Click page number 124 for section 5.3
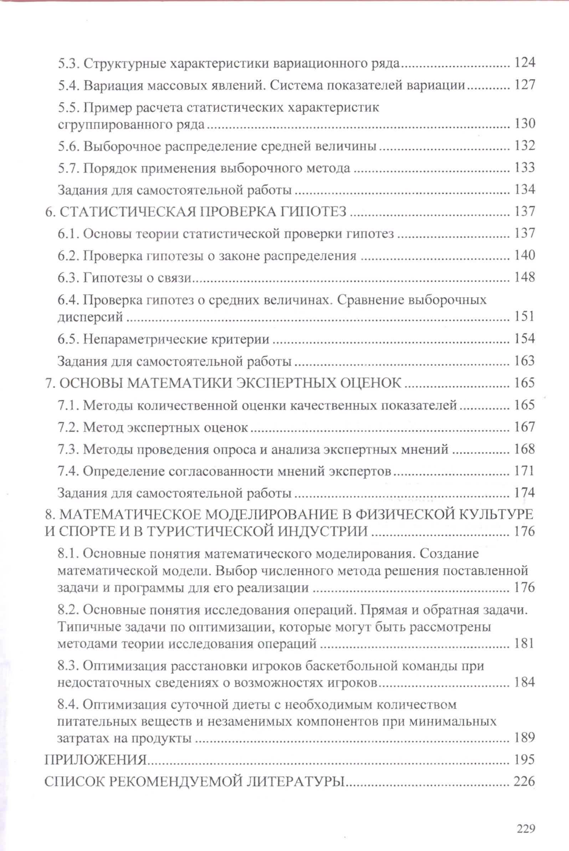click(524, 63)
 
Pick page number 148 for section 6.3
click(524, 278)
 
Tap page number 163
click(524, 361)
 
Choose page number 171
click(524, 471)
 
